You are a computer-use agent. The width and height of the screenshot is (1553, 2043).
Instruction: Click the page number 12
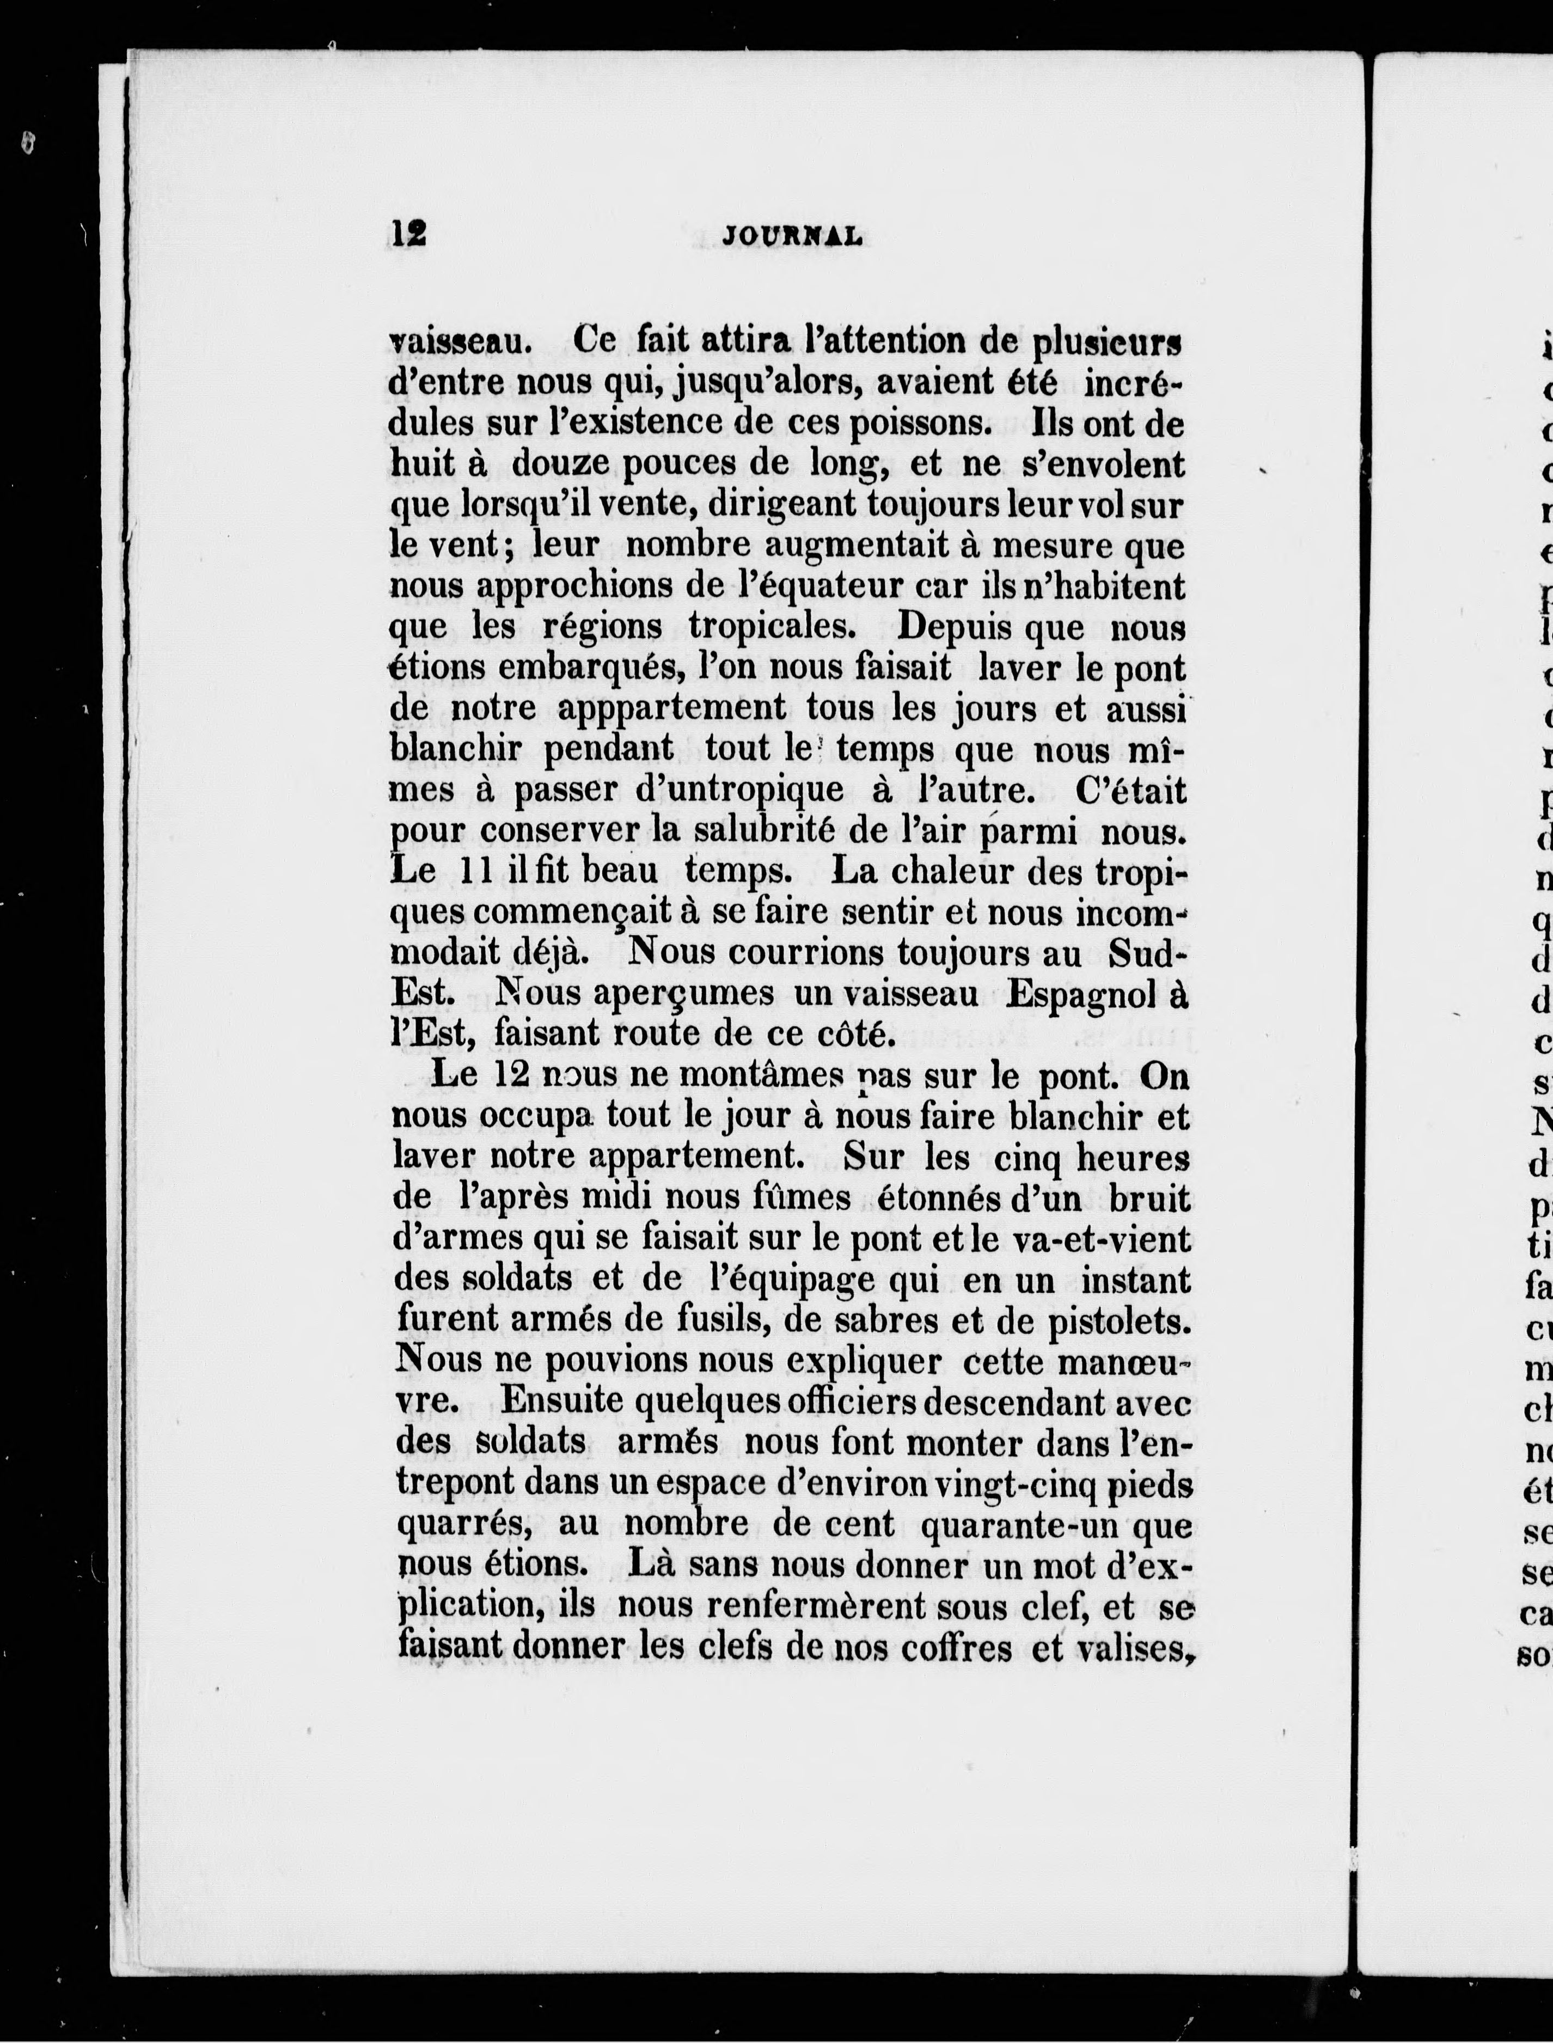coord(408,233)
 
